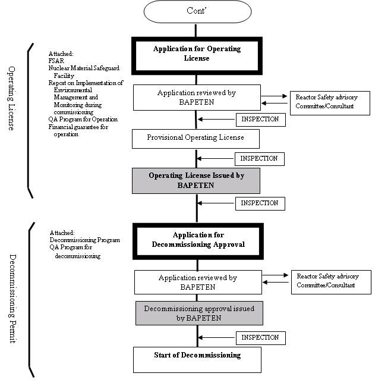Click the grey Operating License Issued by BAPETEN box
(196, 180)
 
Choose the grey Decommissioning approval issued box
(199, 313)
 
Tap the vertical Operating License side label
(11, 98)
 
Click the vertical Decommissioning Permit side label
(12, 299)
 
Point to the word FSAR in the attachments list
(56, 61)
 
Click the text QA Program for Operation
(83, 120)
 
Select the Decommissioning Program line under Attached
(85, 240)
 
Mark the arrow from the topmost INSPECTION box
(216, 119)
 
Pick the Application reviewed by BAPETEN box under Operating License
(197, 98)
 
